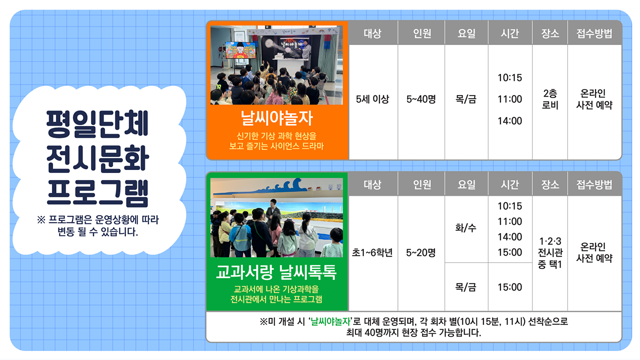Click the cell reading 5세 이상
(372, 99)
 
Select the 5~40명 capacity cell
(421, 99)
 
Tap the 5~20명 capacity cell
(421, 252)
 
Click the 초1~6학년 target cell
(372, 252)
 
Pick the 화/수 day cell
(465, 228)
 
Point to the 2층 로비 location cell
(550, 99)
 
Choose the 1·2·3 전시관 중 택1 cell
(550, 252)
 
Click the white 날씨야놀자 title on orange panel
(277, 118)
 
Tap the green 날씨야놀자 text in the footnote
(330, 321)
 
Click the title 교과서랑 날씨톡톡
(276, 272)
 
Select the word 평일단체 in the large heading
(97, 123)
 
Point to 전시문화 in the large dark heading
(97, 158)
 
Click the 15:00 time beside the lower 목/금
(509, 287)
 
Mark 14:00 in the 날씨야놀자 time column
(509, 121)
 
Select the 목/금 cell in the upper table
(465, 99)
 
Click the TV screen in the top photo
(240, 50)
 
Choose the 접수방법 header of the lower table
(594, 184)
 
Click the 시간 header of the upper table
(509, 33)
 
